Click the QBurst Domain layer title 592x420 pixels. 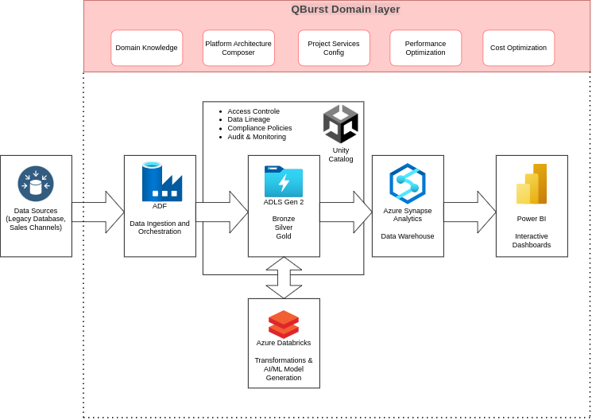point(345,10)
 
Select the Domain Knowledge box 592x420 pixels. point(146,48)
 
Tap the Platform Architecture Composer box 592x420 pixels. point(238,48)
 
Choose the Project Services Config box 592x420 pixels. point(334,48)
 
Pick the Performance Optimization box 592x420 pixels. point(425,48)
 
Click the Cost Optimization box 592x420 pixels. point(518,48)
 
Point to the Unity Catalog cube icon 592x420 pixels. point(340,124)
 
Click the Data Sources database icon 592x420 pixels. point(36,184)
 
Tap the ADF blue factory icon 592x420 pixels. point(161,182)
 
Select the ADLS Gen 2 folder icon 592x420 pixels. point(284,181)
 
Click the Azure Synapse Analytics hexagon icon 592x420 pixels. point(408,184)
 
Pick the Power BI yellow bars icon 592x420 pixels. point(532,185)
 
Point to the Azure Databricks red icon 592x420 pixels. point(284,324)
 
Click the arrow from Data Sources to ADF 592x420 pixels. point(98,212)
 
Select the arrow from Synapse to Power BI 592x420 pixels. point(470,212)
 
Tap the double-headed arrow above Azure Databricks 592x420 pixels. point(284,278)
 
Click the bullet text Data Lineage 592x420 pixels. point(249,119)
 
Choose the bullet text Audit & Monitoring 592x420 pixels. point(257,137)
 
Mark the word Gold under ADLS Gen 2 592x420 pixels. point(284,236)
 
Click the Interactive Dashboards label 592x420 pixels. point(532,240)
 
